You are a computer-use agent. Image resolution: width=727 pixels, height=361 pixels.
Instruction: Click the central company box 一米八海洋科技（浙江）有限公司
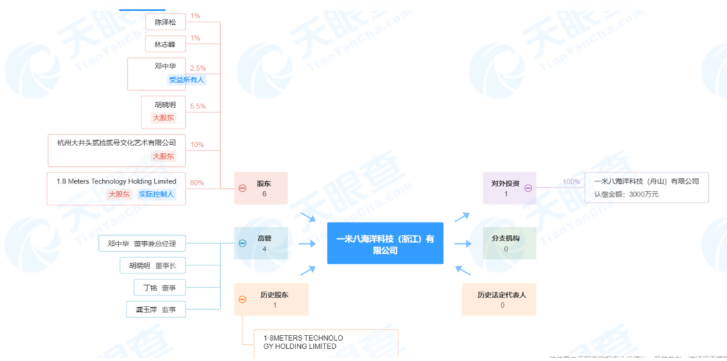[x=385, y=243]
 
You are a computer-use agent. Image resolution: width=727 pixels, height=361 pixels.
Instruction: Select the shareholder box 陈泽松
[x=165, y=22]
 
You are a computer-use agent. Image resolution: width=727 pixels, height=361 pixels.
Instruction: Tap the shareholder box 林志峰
[x=165, y=44]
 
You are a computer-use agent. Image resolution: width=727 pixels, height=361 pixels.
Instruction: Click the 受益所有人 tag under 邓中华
[x=186, y=79]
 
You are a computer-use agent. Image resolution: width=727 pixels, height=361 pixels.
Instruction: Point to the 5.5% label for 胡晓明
[x=198, y=106]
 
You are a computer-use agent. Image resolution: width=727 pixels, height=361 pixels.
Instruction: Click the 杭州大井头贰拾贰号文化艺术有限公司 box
[x=116, y=143]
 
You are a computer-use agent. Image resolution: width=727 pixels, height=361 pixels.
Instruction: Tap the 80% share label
[x=197, y=183]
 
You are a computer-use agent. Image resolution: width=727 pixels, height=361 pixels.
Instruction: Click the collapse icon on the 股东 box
[x=242, y=188]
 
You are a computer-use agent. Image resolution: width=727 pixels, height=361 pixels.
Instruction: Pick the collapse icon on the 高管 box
[x=242, y=243]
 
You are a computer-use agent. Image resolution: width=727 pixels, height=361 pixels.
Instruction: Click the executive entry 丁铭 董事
[x=159, y=288]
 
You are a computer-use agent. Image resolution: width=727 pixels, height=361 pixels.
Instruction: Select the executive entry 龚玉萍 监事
[x=155, y=309]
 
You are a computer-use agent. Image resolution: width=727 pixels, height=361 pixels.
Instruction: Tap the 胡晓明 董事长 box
[x=153, y=265]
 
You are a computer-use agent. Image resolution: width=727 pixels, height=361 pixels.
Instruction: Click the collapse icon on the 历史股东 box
[x=242, y=299]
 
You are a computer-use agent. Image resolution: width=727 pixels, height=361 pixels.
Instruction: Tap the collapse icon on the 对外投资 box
[x=528, y=188]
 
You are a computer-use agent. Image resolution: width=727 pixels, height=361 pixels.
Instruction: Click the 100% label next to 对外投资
[x=572, y=182]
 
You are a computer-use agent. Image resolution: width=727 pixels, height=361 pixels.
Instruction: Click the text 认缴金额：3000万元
[x=626, y=194]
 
